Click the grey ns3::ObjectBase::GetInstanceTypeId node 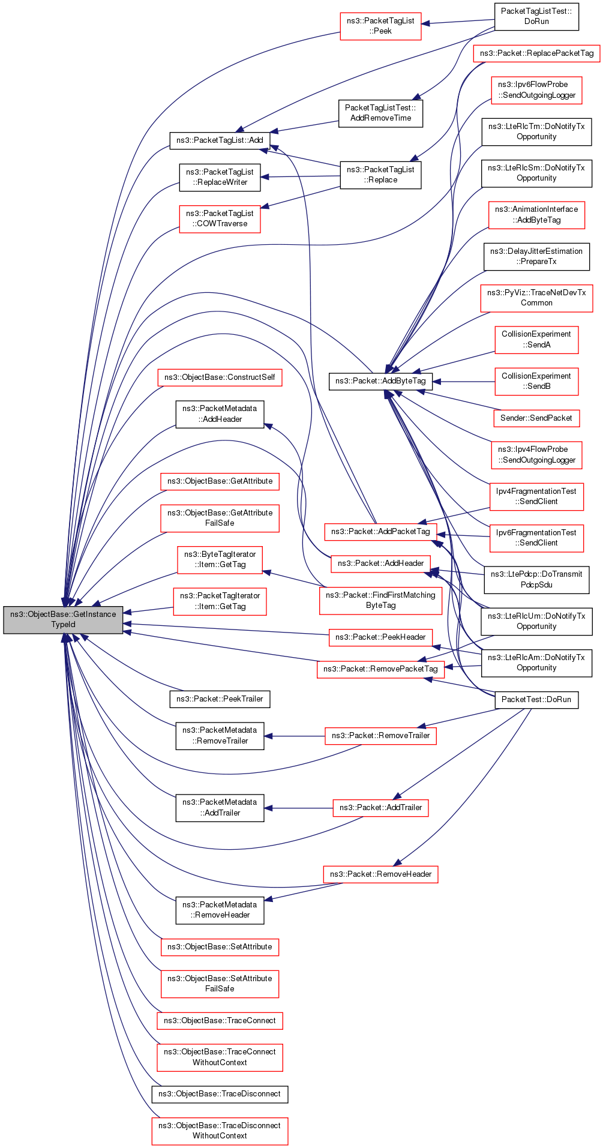pos(63,619)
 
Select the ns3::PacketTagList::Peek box pos(380,26)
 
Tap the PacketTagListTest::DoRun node pos(536,16)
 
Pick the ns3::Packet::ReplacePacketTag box pos(536,53)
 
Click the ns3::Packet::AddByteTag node pos(380,381)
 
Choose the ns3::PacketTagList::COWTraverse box pos(220,218)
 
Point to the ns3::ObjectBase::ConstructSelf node pos(220,377)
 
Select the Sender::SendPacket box pos(536,418)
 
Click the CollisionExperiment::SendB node pos(536,381)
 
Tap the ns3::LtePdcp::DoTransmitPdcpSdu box pos(536,580)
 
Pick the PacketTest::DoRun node pos(536,700)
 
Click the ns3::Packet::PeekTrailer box pos(220,699)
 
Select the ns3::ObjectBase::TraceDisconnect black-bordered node pos(220,1094)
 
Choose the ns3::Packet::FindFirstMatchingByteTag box pos(380,600)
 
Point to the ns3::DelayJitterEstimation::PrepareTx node pos(536,256)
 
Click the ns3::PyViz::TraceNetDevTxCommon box pos(536,298)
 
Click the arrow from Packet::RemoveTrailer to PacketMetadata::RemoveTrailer pos(295,736)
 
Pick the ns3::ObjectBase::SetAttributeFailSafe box pos(220,984)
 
